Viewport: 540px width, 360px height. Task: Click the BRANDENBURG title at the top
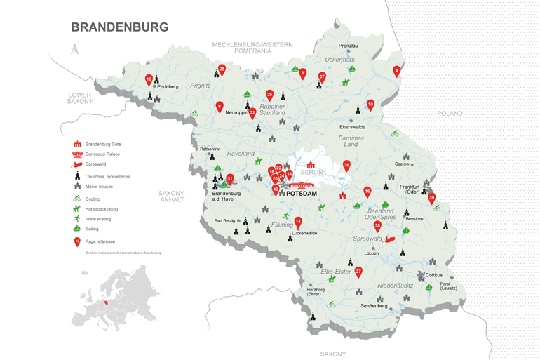120,27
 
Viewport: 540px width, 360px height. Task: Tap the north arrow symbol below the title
75,49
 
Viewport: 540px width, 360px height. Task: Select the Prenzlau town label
349,46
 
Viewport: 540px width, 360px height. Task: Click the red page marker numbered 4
397,71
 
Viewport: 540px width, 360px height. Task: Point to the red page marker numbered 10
370,105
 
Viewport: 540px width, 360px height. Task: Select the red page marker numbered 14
298,222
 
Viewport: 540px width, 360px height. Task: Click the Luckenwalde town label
304,233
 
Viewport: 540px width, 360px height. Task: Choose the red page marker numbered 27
358,271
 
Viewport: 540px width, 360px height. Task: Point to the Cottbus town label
434,274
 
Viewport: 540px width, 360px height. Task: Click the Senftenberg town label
374,306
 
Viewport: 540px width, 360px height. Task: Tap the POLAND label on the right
450,113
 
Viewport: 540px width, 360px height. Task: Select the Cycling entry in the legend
93,199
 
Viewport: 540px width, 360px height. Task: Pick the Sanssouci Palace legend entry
102,154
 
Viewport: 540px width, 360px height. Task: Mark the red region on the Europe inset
107,304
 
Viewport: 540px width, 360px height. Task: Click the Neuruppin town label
237,112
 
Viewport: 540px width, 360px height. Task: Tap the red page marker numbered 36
346,166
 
